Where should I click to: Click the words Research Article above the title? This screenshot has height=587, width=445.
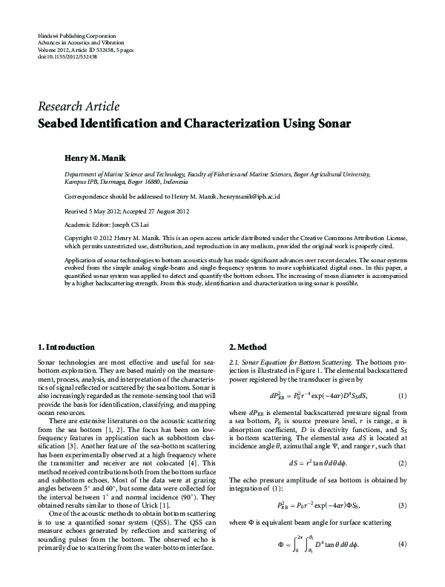[78, 107]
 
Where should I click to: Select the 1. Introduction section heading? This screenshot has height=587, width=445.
[66, 347]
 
